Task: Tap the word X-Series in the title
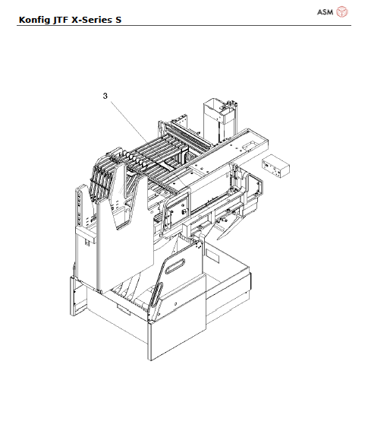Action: tap(92, 20)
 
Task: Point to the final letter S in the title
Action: tap(118, 20)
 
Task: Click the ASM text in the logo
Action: tap(325, 12)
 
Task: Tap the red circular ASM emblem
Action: tap(342, 12)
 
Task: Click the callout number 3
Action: tap(105, 96)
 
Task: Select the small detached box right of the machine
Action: tap(275, 166)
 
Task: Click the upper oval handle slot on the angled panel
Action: tap(175, 266)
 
